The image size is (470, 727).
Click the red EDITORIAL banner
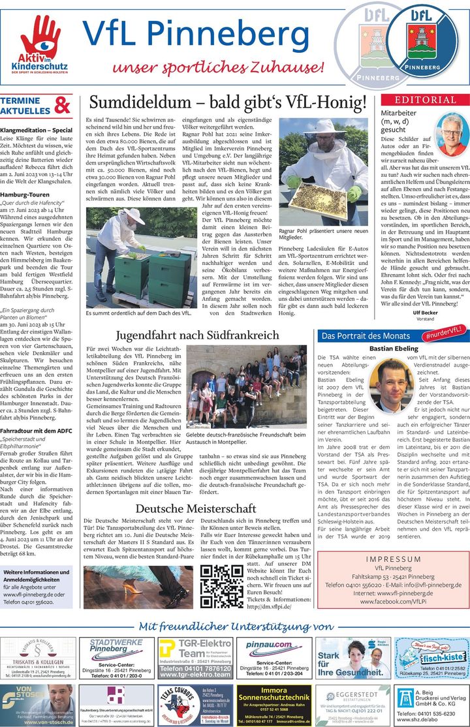click(424, 100)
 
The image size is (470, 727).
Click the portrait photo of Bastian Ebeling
click(392, 385)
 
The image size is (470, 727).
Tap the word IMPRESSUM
click(393, 559)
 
